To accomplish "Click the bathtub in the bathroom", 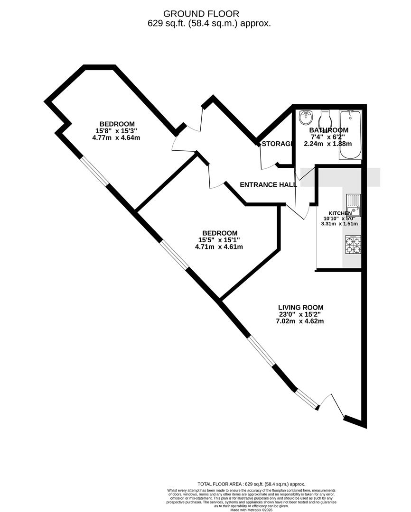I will click(350, 136).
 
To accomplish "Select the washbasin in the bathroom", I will click(306, 117).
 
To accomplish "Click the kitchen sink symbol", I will click(354, 204).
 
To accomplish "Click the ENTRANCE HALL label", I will click(268, 185).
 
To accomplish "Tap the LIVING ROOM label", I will click(300, 307).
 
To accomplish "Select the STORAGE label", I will click(276, 144).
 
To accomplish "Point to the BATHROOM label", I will click(329, 130).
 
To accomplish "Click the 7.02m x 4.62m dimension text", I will click(300, 321).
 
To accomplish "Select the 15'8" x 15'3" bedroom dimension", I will click(117, 131).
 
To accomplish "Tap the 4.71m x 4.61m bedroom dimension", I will click(219, 247).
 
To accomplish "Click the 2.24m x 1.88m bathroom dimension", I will click(328, 144).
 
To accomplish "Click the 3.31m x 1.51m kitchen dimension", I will click(339, 224).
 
